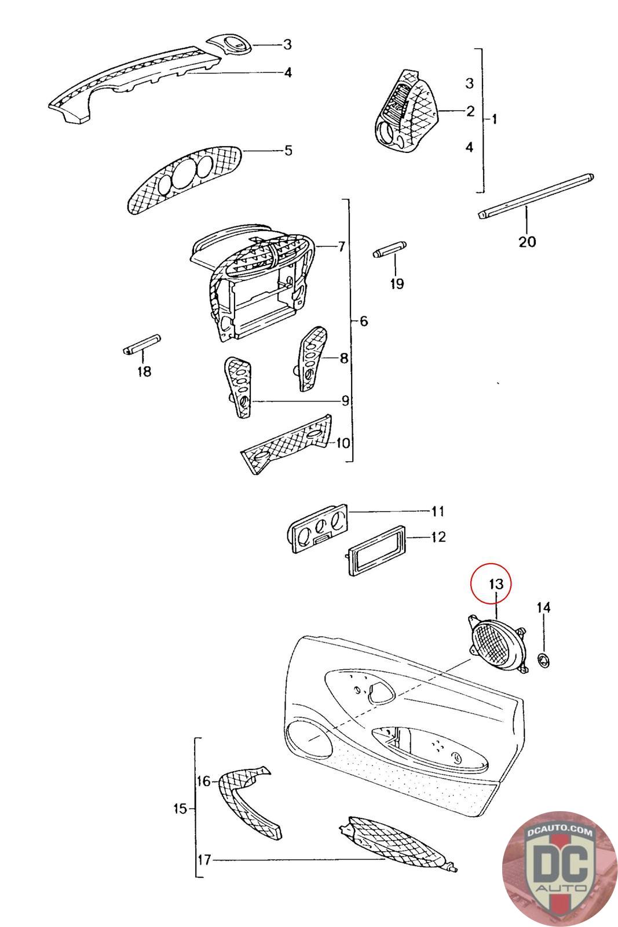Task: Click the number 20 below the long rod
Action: (x=527, y=241)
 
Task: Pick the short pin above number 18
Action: (x=142, y=346)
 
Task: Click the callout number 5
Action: (x=288, y=151)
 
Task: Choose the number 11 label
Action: (x=437, y=511)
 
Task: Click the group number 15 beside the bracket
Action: (x=180, y=808)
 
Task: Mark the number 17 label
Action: (x=204, y=860)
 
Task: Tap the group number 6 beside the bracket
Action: (x=364, y=320)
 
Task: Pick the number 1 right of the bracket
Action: (x=494, y=119)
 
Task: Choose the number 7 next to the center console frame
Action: (x=341, y=247)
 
